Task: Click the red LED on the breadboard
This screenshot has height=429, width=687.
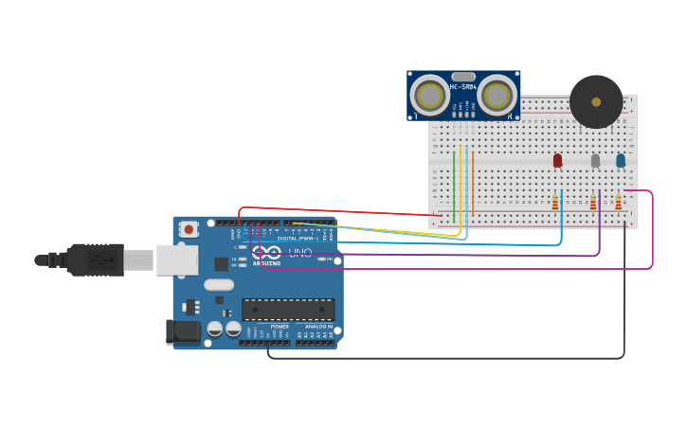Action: tap(557, 160)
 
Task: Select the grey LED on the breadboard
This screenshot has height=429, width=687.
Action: tap(595, 160)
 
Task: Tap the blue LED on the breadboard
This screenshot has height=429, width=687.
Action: tap(621, 160)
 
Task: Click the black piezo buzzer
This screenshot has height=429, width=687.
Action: tap(596, 102)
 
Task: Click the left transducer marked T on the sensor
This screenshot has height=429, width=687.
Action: tap(430, 95)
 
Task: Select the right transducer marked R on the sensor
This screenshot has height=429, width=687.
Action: tap(497, 95)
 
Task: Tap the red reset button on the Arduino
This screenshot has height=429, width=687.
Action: tap(190, 228)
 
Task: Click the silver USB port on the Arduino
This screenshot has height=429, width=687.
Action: tap(177, 259)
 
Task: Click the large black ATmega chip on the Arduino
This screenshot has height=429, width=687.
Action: tap(288, 310)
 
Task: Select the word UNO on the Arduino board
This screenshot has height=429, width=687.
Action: tap(299, 254)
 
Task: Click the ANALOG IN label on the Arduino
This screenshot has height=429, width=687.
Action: tap(318, 326)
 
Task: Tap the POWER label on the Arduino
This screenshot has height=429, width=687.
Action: tap(280, 326)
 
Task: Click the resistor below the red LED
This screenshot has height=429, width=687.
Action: tap(555, 202)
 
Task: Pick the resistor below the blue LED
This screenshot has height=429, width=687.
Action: tap(618, 202)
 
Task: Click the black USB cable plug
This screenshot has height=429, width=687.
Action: tap(95, 259)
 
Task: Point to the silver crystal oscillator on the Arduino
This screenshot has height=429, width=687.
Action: tap(218, 284)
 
